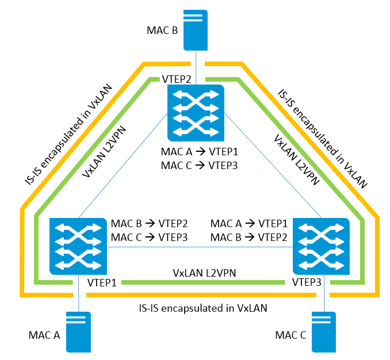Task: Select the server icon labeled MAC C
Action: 324,332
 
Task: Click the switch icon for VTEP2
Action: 195,112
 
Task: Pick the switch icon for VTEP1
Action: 78,246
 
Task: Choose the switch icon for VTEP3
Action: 322,246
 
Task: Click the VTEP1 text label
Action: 102,283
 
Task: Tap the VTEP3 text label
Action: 306,283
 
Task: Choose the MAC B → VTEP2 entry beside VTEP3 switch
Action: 250,236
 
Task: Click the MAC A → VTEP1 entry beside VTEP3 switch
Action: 250,223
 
